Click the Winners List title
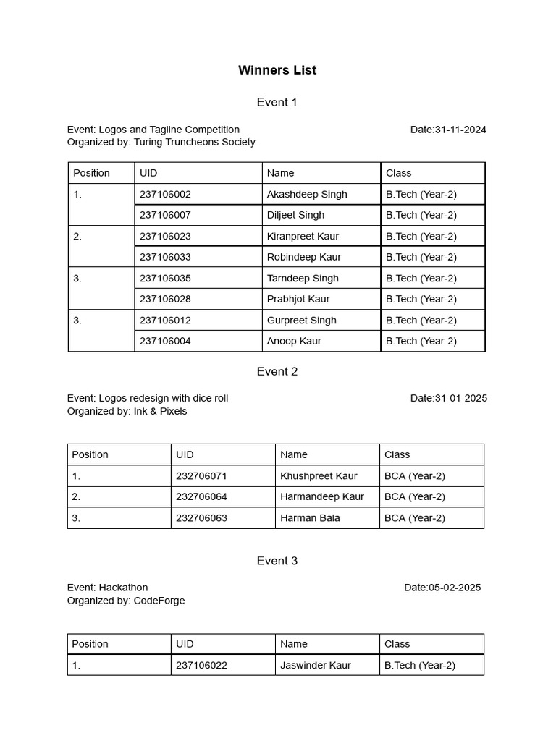click(277, 70)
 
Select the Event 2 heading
click(277, 371)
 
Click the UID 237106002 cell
click(166, 194)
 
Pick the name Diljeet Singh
click(295, 215)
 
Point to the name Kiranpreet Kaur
click(303, 236)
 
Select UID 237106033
click(166, 257)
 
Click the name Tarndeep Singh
click(303, 278)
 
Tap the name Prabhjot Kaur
click(298, 299)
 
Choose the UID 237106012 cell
click(166, 320)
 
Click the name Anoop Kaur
click(294, 341)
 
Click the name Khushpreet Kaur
click(319, 475)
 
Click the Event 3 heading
click(277, 561)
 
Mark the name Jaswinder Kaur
click(316, 665)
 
